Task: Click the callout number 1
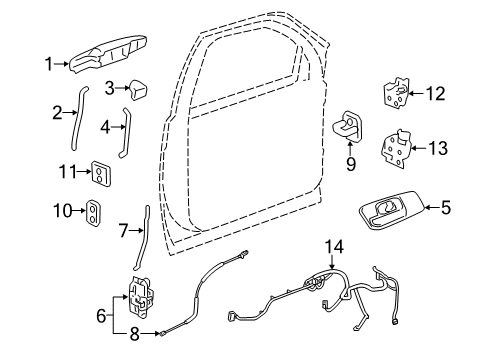47,65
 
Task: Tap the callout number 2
58,112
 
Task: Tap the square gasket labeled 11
100,173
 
